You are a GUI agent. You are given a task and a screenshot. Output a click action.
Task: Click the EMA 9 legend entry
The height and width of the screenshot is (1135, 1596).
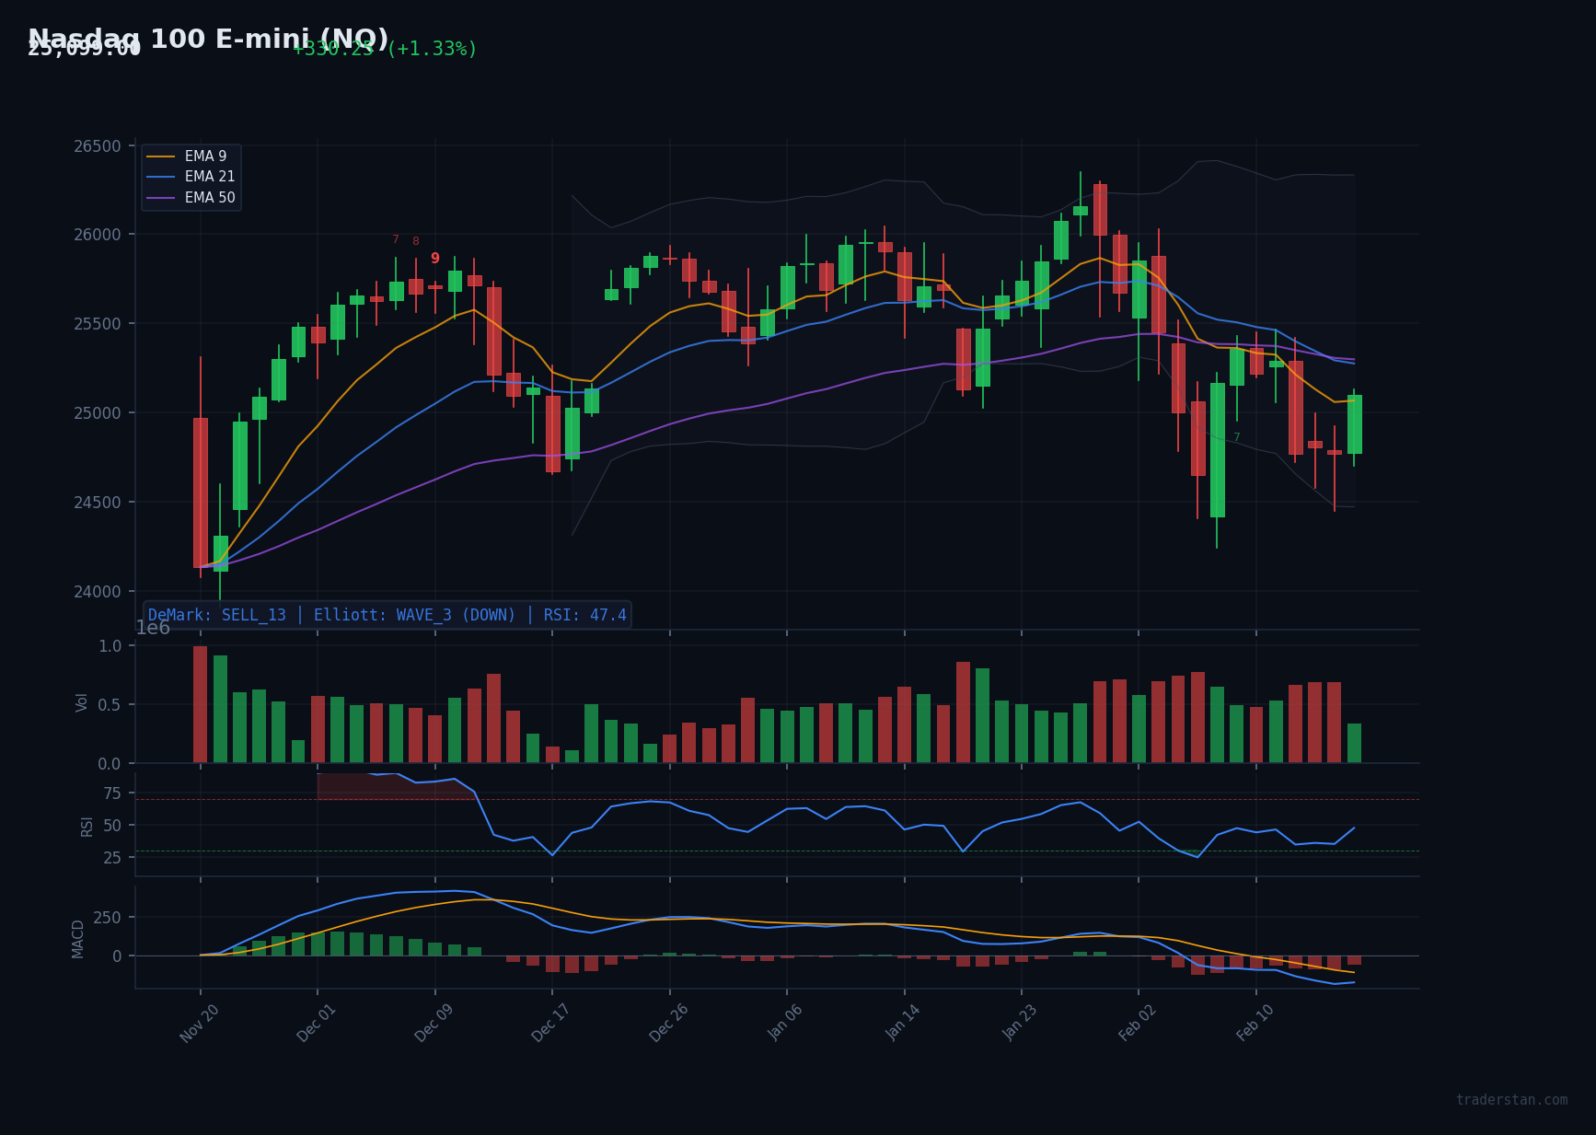205,156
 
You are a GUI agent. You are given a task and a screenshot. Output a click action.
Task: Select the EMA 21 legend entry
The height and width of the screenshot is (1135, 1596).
209,177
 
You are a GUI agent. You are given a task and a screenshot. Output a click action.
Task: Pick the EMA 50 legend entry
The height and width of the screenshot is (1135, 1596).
209,198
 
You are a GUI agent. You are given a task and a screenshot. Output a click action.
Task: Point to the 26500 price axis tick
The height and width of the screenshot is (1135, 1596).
97,146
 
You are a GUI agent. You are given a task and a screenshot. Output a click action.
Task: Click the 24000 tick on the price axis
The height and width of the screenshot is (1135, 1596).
97,592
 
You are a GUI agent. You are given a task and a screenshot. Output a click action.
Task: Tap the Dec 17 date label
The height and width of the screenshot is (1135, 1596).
551,1023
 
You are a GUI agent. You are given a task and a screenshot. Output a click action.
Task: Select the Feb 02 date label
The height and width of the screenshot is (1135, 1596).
1138,1023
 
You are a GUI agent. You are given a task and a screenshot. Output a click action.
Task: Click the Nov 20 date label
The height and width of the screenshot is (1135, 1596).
200,1023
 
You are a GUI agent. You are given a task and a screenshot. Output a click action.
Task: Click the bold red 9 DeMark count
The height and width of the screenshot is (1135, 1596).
435,259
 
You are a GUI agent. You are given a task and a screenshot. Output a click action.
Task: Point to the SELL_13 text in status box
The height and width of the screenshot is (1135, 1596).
253,615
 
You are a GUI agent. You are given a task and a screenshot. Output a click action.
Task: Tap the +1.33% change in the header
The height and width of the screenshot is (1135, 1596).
432,49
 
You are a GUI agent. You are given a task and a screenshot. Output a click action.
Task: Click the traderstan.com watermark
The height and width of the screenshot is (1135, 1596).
1511,1100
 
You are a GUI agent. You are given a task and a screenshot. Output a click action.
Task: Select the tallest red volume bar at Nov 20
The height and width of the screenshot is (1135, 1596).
201,704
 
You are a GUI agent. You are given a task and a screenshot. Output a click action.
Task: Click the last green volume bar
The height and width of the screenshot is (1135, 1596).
1354,743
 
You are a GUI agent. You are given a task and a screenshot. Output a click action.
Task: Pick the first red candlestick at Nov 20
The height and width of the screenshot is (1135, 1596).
201,492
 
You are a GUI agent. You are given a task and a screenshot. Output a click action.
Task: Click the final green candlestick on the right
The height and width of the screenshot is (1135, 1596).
1354,424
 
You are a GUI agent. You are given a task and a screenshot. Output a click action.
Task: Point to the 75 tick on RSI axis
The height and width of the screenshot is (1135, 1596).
111,793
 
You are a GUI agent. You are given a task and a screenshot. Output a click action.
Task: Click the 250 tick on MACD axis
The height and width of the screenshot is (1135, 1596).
107,918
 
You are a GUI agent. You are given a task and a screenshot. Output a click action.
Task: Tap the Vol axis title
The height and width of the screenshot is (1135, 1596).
82,702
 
